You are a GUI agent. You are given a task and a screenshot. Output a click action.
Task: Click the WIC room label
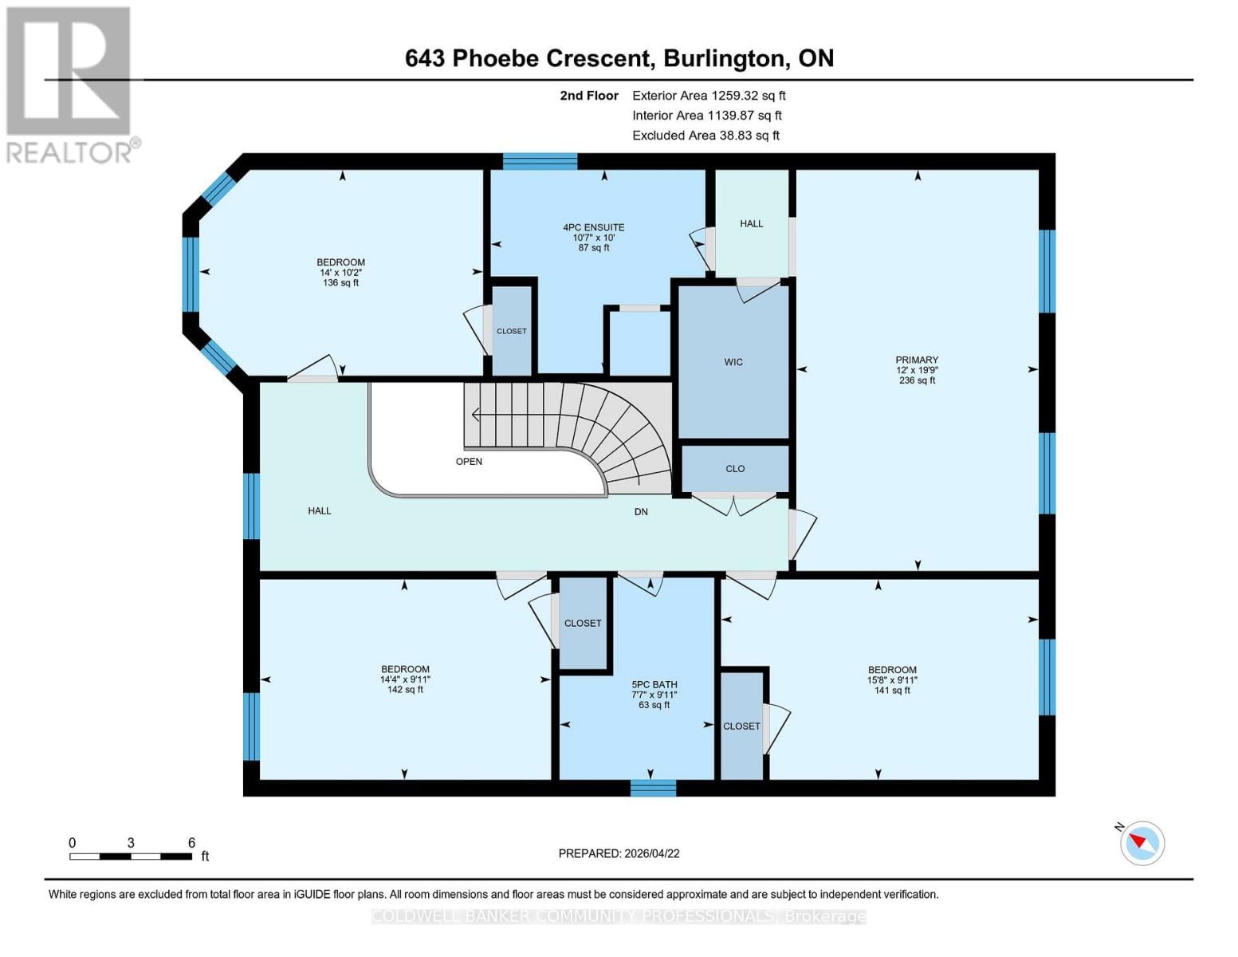click(733, 362)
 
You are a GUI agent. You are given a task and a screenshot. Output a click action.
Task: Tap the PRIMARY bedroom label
click(916, 360)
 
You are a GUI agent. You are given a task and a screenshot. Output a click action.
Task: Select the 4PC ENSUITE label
click(593, 227)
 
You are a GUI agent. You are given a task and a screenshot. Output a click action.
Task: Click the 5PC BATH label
click(654, 684)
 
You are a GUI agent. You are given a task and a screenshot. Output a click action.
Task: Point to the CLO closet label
click(735, 469)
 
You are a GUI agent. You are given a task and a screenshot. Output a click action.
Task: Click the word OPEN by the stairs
click(469, 462)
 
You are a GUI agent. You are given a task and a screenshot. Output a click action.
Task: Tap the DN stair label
click(641, 512)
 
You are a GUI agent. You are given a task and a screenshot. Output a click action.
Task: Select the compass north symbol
click(1142, 843)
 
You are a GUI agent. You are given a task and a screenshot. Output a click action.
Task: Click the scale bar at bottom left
click(131, 857)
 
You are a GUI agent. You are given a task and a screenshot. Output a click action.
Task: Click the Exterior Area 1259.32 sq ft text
click(709, 96)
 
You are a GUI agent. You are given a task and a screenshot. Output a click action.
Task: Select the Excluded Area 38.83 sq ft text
click(705, 136)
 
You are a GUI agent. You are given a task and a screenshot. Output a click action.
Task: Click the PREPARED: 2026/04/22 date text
click(619, 853)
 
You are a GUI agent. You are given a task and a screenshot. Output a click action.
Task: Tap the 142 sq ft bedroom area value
click(405, 690)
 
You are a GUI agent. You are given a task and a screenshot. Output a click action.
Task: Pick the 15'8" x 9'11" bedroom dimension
click(892, 680)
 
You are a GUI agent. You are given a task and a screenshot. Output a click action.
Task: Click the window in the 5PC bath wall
click(653, 788)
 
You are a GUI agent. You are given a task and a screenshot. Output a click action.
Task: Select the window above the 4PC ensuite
click(540, 161)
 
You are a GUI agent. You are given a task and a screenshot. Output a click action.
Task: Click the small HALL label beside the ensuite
click(751, 224)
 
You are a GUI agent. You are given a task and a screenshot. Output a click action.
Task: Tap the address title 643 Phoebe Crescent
click(619, 58)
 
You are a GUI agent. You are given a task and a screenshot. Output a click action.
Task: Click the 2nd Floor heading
click(588, 96)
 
